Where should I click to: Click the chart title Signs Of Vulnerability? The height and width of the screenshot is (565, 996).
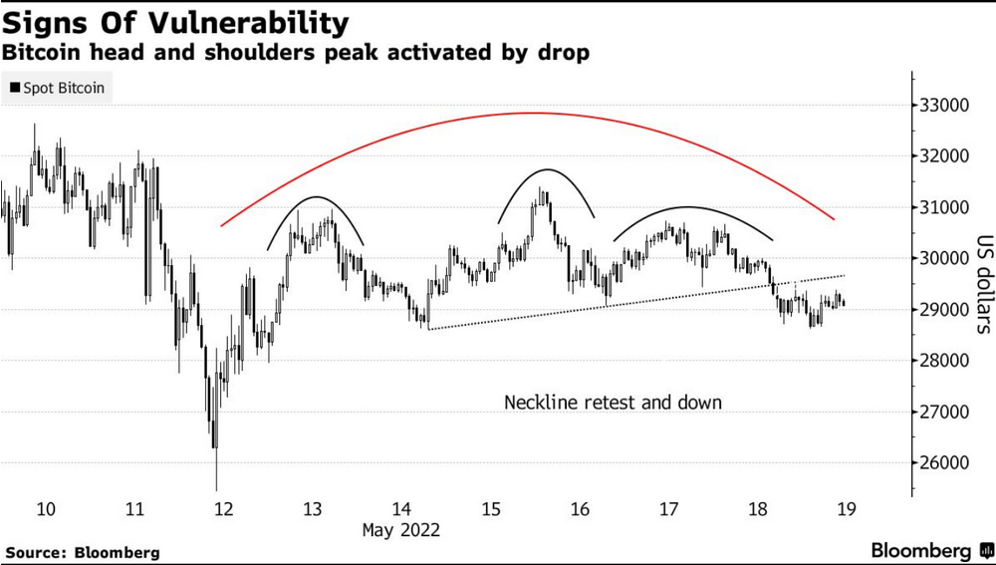176,23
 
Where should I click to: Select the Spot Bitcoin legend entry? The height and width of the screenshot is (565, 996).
57,88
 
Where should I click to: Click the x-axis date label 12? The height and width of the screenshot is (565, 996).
223,509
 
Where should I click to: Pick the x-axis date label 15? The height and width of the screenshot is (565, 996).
491,509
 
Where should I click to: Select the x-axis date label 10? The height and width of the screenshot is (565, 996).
45,509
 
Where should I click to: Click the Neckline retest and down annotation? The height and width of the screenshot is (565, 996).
613,403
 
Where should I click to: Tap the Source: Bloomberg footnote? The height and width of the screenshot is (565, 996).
83,551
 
